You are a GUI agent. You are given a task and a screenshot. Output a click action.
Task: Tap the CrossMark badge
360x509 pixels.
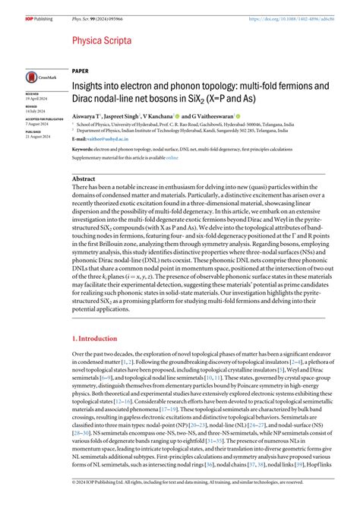38,77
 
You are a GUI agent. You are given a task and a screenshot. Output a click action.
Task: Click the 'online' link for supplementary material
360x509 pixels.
172,157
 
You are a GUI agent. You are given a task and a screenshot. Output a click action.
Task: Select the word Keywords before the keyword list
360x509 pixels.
84,150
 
